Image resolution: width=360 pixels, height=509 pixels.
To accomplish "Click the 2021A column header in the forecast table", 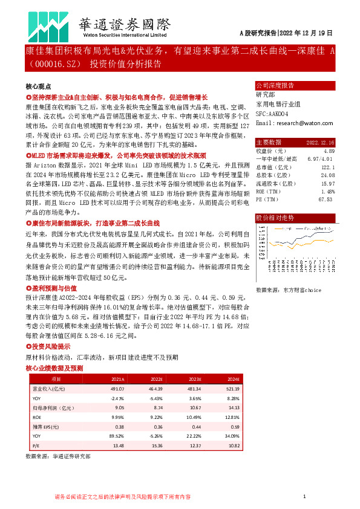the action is tap(117, 379).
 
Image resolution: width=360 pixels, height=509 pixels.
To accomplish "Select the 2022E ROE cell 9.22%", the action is tap(155, 417).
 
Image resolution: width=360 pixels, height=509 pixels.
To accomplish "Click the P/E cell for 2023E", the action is tap(194, 446).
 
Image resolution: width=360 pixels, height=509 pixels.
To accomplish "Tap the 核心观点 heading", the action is tap(38, 87).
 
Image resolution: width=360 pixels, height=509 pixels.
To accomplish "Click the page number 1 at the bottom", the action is tap(305, 497).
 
